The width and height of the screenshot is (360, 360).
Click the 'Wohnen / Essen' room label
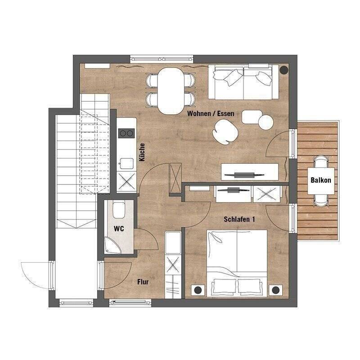point(211,114)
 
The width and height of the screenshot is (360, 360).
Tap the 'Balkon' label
point(321,180)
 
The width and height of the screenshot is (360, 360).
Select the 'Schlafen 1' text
point(239,220)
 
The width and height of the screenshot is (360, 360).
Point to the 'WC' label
point(119,229)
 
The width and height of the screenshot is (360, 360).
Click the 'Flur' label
point(143,282)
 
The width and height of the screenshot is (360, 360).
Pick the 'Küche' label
point(142,152)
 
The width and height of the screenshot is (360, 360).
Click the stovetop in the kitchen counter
point(126,133)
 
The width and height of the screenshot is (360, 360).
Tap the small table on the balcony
point(321,180)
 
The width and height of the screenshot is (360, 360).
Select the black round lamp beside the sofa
point(284,70)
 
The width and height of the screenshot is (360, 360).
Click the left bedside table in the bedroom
point(197,290)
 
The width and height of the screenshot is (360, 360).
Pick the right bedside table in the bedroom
point(274,290)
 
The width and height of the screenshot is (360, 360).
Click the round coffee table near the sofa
point(265,122)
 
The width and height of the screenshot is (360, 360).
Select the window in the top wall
point(162,58)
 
